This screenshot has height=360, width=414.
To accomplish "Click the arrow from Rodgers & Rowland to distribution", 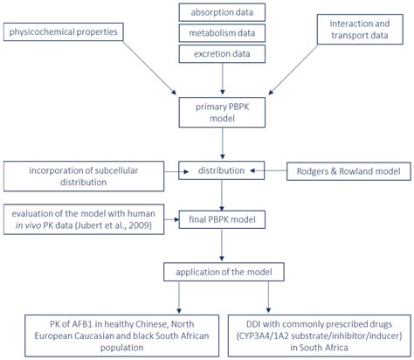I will click(x=268, y=169).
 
